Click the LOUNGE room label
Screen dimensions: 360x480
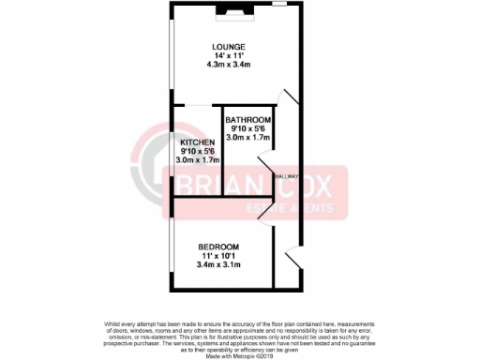228,47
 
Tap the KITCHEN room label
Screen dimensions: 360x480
197,142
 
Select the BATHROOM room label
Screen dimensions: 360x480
248,121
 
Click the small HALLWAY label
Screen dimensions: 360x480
286,176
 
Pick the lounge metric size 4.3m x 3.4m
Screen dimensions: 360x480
228,65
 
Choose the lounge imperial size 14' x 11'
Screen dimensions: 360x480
228,56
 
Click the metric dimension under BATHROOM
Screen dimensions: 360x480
248,139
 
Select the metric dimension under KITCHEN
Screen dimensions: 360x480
197,160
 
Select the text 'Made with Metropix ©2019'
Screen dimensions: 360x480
240,356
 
